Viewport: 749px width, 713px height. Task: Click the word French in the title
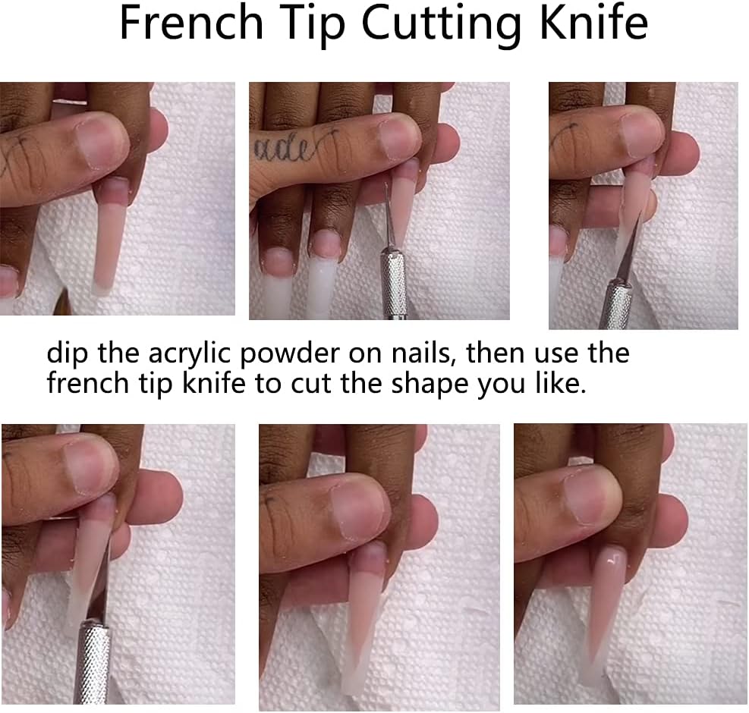191,23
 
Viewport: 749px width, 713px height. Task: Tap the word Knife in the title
593,23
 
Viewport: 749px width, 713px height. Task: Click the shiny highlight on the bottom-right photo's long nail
610,560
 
